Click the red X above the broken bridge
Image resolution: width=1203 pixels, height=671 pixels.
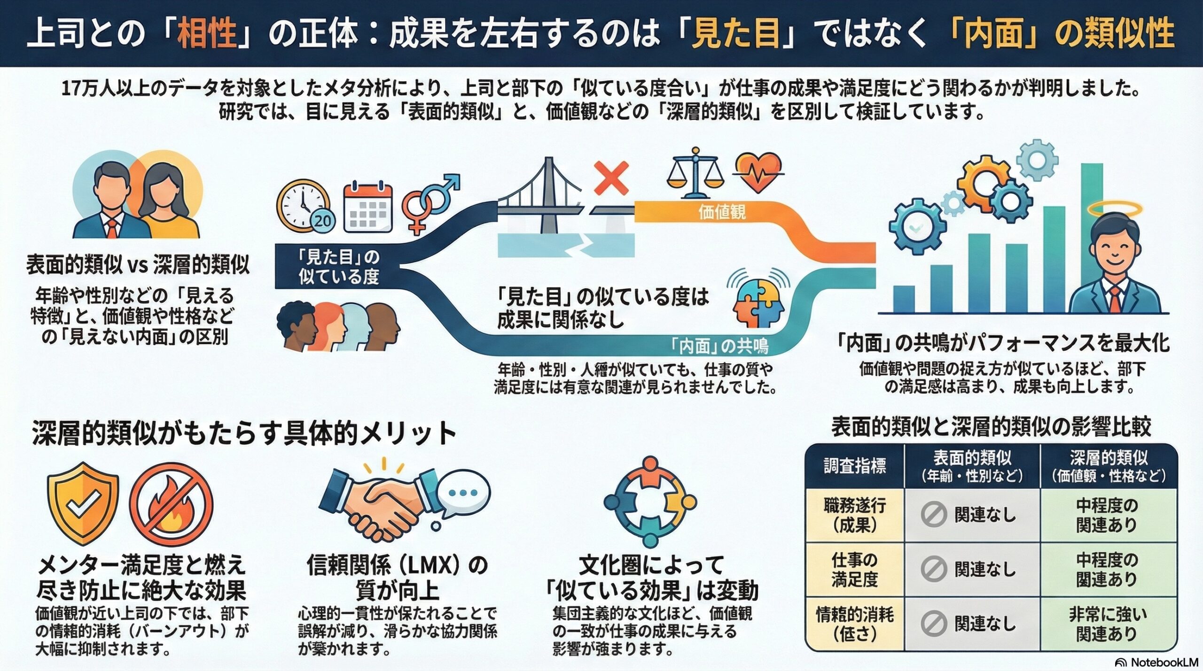click(611, 178)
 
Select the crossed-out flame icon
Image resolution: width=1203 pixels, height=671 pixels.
click(171, 505)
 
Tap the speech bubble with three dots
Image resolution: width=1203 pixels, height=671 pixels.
click(463, 494)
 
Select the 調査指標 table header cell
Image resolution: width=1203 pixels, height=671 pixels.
click(855, 466)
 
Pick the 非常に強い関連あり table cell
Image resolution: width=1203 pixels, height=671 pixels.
click(1108, 624)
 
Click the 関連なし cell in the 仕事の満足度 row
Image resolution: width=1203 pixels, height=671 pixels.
click(972, 570)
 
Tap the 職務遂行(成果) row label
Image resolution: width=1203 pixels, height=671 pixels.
click(855, 515)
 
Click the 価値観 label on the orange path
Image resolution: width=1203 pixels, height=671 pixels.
click(722, 213)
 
